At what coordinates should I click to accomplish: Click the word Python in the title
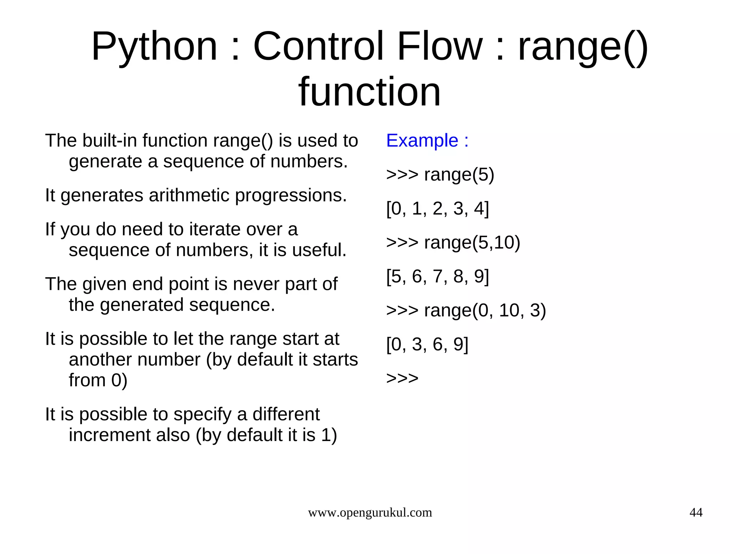tap(154, 47)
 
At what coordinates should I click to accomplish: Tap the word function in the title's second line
tap(369, 92)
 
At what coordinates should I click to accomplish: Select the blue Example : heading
tap(427, 140)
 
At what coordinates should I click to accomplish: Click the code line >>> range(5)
tap(440, 175)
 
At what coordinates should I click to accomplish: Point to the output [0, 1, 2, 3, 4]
tap(437, 209)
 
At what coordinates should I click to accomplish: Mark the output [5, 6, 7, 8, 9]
tap(437, 276)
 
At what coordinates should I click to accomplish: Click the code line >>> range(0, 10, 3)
tap(466, 310)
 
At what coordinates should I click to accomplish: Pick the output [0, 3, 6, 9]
tap(427, 344)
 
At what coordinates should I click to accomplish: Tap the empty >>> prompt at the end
tap(402, 378)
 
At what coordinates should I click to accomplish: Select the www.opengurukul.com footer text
tap(370, 513)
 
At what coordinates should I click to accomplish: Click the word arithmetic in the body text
tap(189, 195)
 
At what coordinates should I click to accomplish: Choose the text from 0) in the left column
tap(98, 380)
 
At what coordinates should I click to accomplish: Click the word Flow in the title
tap(439, 47)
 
